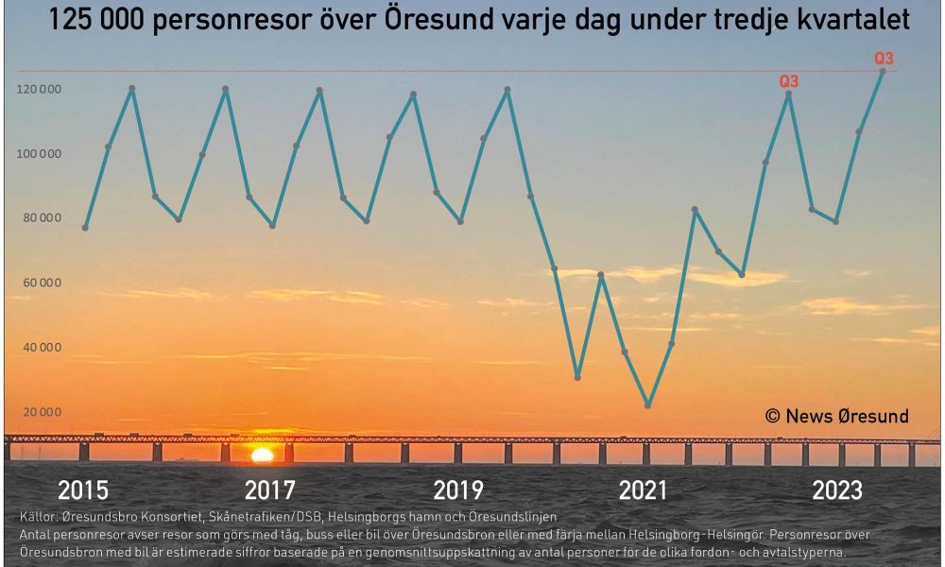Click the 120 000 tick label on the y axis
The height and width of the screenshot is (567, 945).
tap(39, 89)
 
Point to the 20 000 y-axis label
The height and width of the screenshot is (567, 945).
tap(43, 412)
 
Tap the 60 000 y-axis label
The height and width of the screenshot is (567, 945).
tap(43, 283)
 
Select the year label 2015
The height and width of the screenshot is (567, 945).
tap(83, 490)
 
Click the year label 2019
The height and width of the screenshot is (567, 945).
tap(458, 490)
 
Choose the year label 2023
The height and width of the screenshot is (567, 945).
tap(837, 490)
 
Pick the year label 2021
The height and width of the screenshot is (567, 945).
tap(643, 490)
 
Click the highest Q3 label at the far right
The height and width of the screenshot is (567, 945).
tap(885, 59)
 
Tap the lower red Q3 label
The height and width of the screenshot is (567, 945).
tap(789, 81)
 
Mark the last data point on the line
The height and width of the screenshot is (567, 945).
tap(883, 71)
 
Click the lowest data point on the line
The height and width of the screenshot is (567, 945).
tap(648, 405)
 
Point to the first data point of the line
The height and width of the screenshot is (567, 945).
tap(85, 228)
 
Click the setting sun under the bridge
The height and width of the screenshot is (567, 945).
tap(262, 455)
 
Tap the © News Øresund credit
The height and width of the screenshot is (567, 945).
tap(837, 417)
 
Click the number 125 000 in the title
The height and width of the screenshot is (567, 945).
tap(95, 20)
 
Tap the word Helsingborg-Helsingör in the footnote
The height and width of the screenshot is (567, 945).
tap(696, 535)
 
